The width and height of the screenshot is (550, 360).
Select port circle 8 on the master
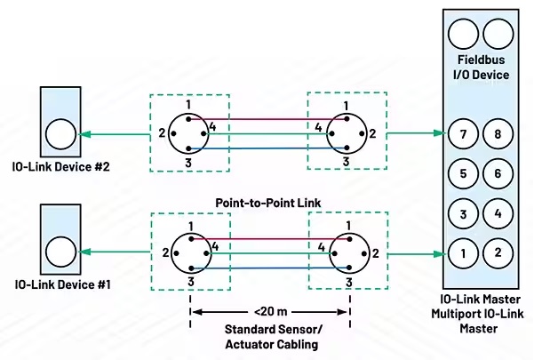498,134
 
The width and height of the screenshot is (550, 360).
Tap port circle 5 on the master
462,174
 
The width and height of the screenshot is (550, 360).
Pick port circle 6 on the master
498,174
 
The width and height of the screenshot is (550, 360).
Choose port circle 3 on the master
462,213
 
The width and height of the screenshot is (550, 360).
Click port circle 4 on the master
498,213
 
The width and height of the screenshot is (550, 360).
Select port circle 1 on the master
462,252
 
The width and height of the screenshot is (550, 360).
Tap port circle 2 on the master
498,252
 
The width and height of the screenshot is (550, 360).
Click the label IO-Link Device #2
61,167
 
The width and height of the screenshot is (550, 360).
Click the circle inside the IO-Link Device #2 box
60,134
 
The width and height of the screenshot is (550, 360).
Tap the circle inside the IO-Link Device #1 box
60,252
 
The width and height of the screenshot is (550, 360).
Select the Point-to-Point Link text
267,203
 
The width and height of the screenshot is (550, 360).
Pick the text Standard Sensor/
268,330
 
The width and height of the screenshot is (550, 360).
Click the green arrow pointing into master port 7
439,133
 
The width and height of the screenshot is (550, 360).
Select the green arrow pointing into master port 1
439,253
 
